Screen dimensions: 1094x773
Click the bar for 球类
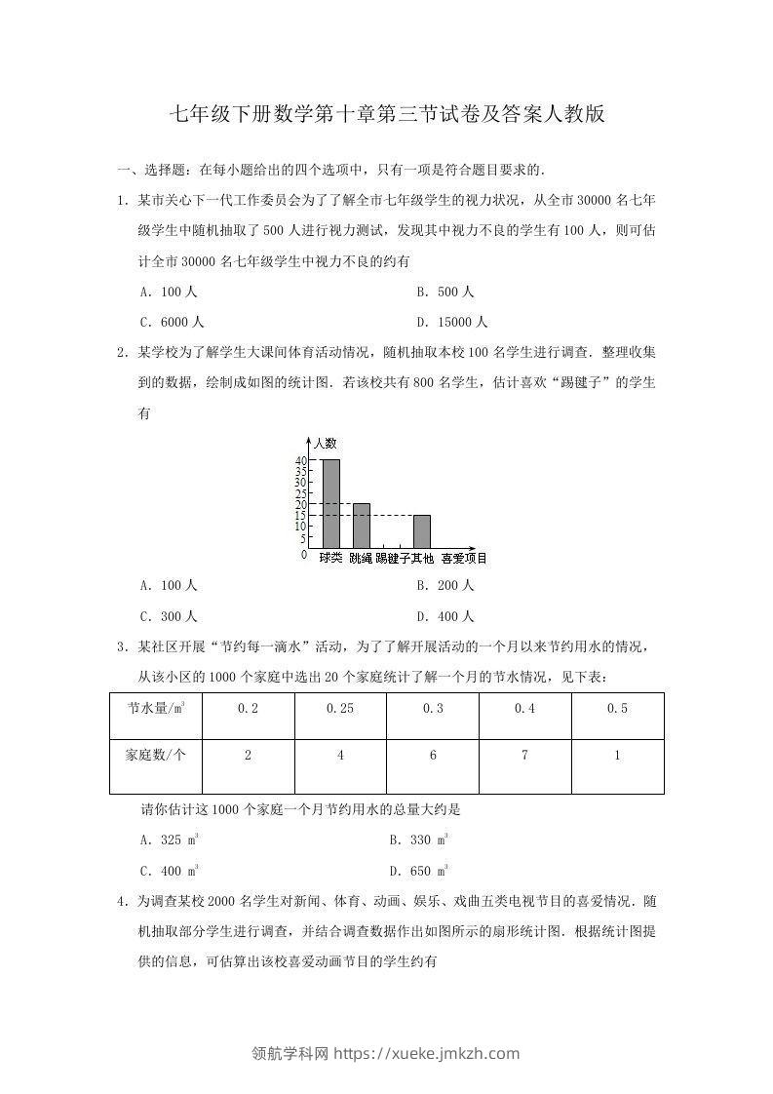tap(330, 503)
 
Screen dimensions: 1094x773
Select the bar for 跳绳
tap(362, 526)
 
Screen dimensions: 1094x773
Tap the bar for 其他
tap(422, 531)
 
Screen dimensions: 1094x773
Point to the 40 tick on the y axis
tap(301, 460)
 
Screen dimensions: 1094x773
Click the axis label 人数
tap(325, 443)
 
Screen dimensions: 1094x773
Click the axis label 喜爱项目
tap(464, 559)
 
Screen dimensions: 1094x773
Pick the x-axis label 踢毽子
tap(392, 559)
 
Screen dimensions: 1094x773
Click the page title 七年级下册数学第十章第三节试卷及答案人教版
tap(387, 114)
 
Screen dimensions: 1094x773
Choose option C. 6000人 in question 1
tap(173, 322)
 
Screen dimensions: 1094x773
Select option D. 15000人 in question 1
tap(452, 322)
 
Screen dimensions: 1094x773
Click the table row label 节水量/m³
tap(156, 709)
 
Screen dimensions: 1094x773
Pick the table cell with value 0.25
tap(340, 709)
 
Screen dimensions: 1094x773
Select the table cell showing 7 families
tap(524, 756)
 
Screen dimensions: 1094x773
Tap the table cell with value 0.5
tap(617, 709)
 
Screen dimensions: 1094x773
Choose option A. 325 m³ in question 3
tap(171, 839)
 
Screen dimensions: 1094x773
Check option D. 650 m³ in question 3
tap(419, 870)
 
